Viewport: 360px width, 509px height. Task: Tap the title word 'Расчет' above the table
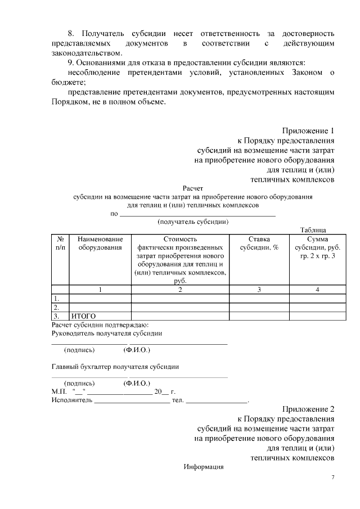[x=192, y=189]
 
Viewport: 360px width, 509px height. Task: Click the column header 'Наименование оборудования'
[x=100, y=243]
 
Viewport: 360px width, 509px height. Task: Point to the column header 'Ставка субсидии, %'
[x=259, y=243]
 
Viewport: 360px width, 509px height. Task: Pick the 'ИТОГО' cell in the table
[x=83, y=316]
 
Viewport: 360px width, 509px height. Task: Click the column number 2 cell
[x=180, y=290]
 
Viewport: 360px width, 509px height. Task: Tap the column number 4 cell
[x=317, y=290]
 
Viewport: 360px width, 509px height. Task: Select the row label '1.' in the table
[x=56, y=299]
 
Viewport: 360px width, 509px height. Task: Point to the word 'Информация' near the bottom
[x=204, y=467]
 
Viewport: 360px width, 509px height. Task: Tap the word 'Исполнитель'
[x=71, y=400]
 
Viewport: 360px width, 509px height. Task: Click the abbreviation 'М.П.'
[x=58, y=391]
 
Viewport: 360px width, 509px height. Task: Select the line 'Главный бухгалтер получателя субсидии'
[x=115, y=367]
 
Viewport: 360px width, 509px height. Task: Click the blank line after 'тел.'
[x=217, y=400]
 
